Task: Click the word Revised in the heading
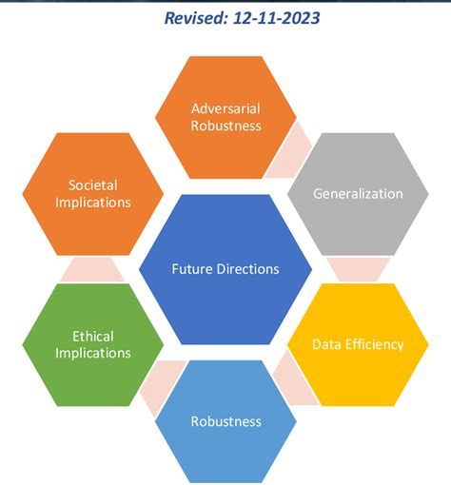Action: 196,18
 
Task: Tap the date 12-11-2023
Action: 277,18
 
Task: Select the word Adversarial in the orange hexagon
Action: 225,108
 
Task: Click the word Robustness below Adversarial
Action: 225,126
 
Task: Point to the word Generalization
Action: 358,194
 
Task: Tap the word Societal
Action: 93,185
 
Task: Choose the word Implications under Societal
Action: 93,203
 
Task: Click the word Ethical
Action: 93,337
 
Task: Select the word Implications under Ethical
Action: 93,353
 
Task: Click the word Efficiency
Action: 374,344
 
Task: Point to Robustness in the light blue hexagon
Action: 225,421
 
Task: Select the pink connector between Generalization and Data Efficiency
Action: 358,269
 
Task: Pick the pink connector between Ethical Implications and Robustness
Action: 161,384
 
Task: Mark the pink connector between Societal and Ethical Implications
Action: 93,270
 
